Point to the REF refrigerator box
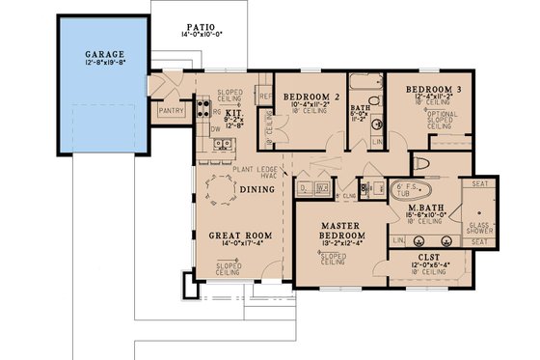(264, 97)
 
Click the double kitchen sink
(223, 146)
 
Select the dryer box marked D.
(305, 187)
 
